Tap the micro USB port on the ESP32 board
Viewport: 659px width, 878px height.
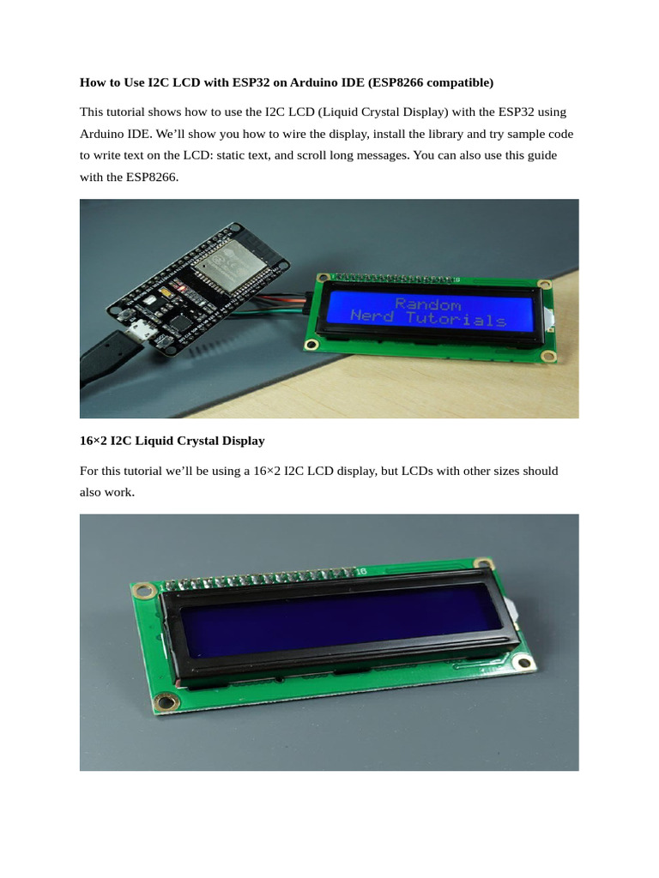click(x=141, y=332)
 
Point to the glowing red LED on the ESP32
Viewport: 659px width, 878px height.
click(x=181, y=287)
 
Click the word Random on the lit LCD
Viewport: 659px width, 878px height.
click(x=428, y=304)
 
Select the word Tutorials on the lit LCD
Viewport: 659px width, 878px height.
click(x=456, y=319)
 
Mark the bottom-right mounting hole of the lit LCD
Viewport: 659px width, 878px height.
click(x=548, y=356)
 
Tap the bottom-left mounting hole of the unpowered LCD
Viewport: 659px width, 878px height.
click(x=166, y=701)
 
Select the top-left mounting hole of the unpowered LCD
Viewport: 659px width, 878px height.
click(x=143, y=590)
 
